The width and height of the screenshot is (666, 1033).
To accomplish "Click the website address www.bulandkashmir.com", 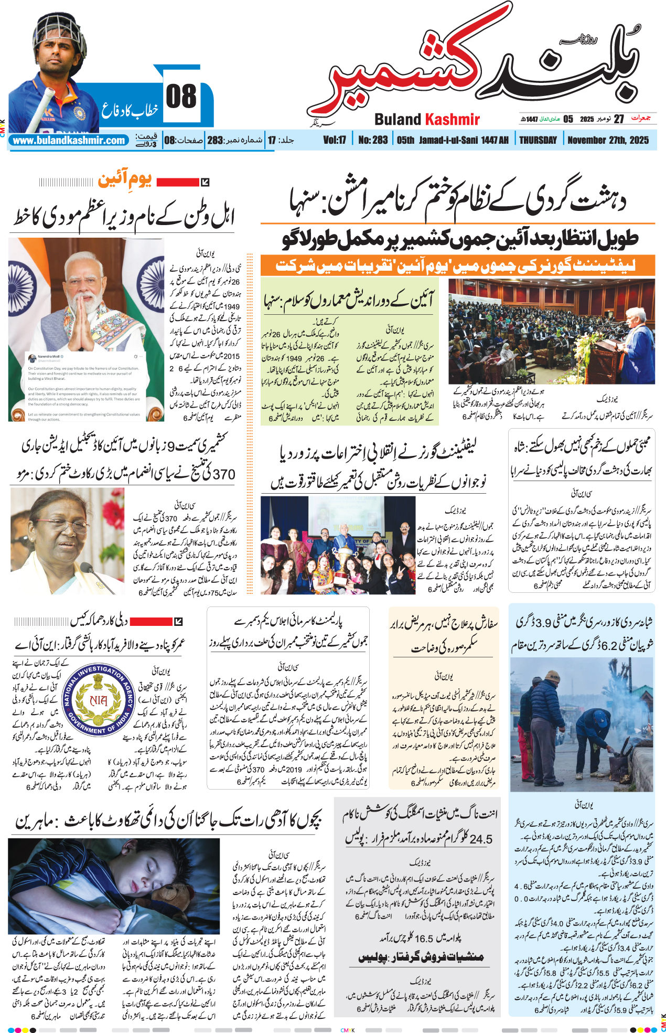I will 69,141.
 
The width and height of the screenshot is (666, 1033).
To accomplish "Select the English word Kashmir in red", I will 452,120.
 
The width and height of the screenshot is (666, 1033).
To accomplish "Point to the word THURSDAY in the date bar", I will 538,140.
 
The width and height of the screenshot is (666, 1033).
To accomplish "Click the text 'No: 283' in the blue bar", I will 373,140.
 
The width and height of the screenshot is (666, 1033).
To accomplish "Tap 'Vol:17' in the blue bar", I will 335,140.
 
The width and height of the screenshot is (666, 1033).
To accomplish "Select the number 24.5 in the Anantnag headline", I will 480,839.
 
